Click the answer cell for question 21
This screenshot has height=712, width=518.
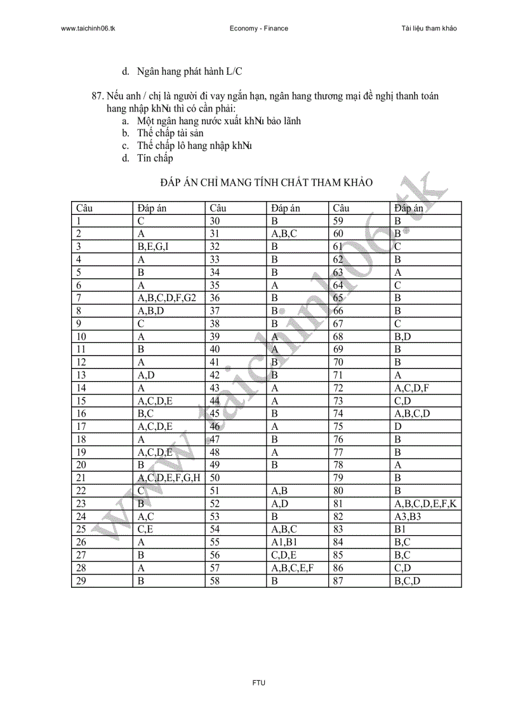point(169,477)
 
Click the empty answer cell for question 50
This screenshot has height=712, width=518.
point(297,477)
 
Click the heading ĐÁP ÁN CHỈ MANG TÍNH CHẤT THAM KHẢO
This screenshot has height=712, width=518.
point(266,183)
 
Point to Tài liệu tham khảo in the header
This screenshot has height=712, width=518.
point(429,29)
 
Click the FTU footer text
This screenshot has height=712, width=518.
point(258,683)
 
